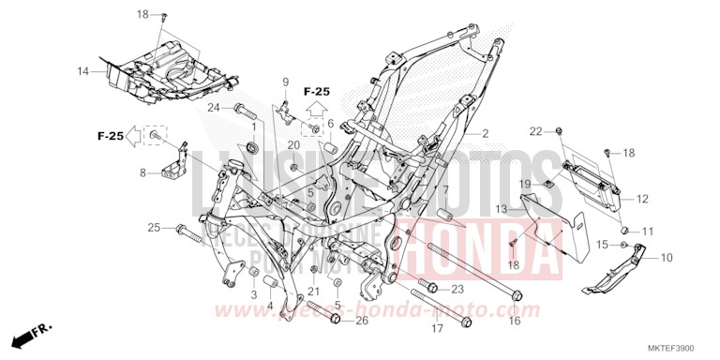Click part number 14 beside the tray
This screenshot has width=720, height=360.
tap(82, 71)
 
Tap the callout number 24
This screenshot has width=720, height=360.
tap(214, 108)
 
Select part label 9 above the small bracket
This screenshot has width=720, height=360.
tap(286, 82)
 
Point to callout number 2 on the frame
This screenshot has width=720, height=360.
tap(486, 134)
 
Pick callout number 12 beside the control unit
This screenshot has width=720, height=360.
tap(641, 199)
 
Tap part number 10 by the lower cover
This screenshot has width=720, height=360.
tap(667, 257)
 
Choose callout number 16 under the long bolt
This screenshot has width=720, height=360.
tap(514, 321)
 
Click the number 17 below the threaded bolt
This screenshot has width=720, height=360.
tap(437, 329)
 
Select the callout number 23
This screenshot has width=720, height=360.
tap(458, 289)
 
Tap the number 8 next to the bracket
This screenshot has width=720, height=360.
tap(142, 172)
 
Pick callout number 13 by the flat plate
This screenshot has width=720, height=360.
tap(502, 208)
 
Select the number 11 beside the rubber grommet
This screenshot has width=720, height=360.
tap(648, 230)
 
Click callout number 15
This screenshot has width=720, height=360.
tap(602, 244)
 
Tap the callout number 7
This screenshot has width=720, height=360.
tap(446, 190)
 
